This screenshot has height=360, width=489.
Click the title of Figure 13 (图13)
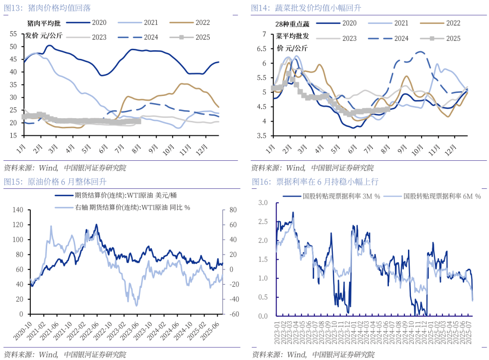click(55, 8)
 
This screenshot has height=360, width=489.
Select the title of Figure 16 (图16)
click(315, 182)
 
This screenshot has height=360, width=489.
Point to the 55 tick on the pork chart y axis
click(13, 34)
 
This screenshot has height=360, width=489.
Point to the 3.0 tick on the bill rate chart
click(263, 202)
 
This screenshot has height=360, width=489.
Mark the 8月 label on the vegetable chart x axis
click(386, 149)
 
